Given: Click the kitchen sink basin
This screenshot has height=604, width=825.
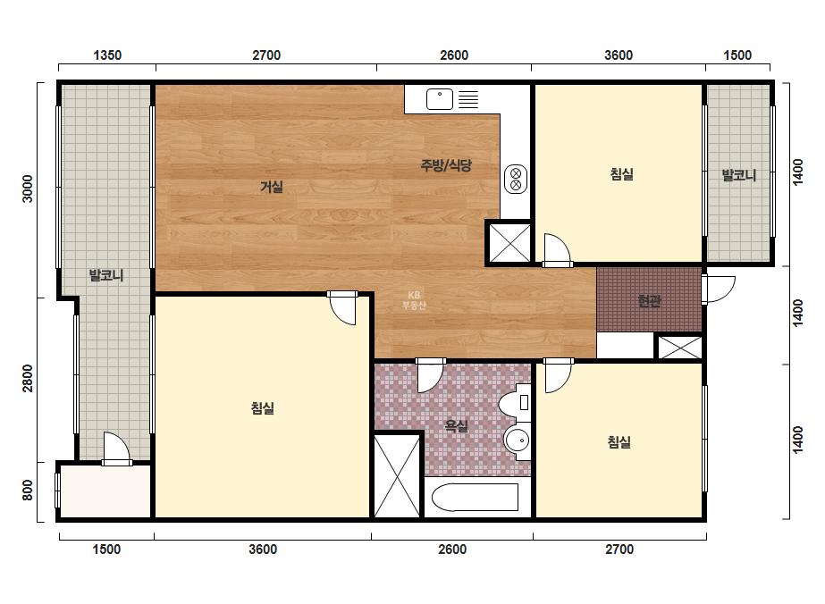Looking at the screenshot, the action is coord(440,99).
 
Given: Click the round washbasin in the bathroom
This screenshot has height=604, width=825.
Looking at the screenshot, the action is coord(518,440).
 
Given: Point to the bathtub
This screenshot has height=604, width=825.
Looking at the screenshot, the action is coord(476,497).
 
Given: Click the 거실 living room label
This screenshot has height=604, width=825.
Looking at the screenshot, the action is coord(272,186).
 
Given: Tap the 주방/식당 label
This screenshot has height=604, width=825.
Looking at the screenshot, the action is coord(446,165).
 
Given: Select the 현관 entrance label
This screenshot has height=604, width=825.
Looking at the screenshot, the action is coord(649,300).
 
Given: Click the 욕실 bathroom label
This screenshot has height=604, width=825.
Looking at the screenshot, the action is coord(457,425).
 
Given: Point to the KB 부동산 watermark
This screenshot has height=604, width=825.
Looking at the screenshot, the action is coord(414,300).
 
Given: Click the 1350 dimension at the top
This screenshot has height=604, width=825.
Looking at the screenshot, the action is coord(107,55).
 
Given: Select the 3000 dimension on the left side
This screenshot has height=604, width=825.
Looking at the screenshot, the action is coord(28,189).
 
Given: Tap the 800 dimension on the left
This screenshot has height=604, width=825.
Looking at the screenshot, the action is coord(28,491).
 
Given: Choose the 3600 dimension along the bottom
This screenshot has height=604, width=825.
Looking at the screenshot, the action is coord(263,549).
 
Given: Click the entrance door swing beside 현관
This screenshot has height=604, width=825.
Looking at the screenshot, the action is coord(719,289).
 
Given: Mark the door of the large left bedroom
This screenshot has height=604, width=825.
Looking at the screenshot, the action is coord(342,307).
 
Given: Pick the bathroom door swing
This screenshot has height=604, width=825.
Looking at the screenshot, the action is coord(431,375).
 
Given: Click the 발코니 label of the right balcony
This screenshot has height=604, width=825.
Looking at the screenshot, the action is coord(738,175).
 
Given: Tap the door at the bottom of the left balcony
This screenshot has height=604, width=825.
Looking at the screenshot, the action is coord(116,449).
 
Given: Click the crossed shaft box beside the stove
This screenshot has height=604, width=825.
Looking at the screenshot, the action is coord(509,242).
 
